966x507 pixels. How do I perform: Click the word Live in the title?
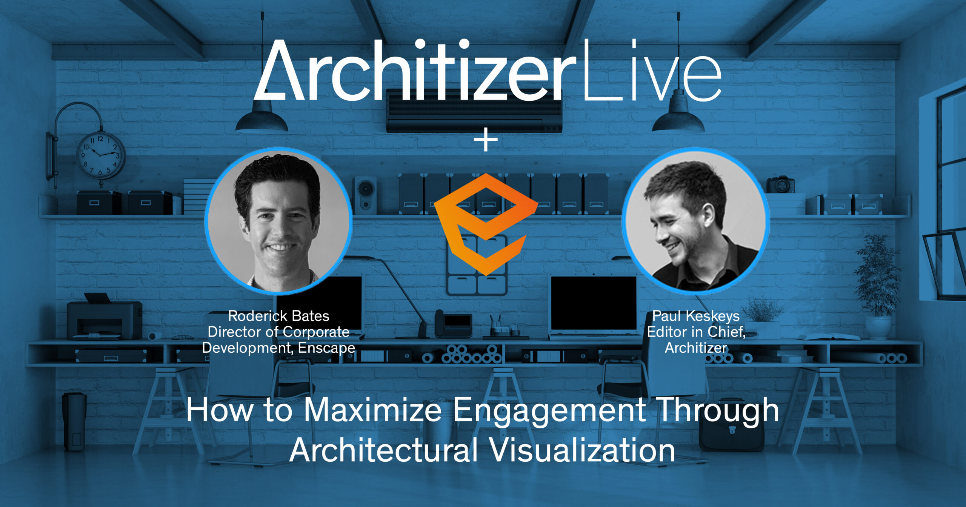(652, 70)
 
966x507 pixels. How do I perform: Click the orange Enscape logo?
(486, 224)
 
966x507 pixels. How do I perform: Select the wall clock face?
(100, 155)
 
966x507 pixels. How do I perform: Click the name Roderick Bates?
(279, 316)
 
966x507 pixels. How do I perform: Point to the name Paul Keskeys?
(696, 316)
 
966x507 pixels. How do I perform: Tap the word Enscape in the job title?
(326, 348)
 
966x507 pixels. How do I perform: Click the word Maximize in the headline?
(372, 410)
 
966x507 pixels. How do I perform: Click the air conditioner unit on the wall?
(474, 111)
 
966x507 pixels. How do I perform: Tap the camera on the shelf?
(780, 185)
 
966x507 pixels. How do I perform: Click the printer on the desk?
(105, 318)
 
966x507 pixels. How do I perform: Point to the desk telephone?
(453, 324)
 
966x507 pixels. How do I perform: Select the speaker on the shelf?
(365, 195)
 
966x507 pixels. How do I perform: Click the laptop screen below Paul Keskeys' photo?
(594, 303)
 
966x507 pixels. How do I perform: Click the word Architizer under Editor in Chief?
(696, 348)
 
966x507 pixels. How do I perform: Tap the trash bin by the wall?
(74, 421)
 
